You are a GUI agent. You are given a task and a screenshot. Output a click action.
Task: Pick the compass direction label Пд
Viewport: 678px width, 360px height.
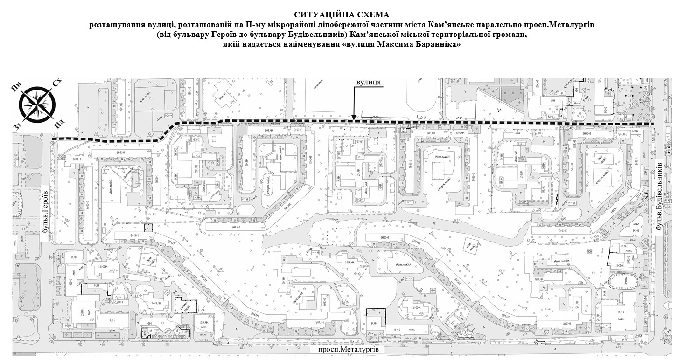coord(59,124)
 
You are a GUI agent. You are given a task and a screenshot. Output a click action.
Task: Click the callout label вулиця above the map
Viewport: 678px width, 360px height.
coord(369,83)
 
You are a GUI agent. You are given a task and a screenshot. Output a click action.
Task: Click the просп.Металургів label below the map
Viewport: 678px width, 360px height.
coord(348,349)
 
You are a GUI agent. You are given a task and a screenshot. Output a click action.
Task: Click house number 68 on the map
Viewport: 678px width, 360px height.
coord(149,152)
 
